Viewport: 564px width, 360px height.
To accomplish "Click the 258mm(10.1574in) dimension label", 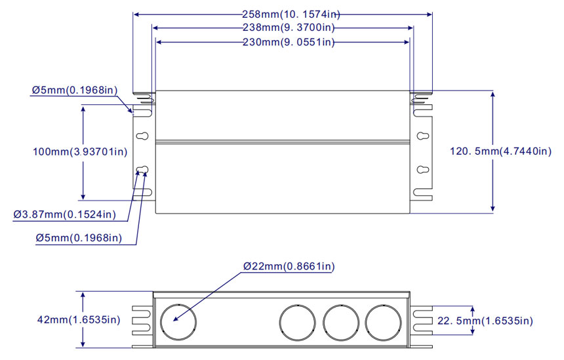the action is [x=291, y=14].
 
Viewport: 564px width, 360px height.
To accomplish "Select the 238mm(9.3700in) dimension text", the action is [x=289, y=28].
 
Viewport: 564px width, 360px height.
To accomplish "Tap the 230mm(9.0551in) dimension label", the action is [x=289, y=43].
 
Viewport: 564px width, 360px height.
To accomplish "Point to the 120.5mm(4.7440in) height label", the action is [x=500, y=151].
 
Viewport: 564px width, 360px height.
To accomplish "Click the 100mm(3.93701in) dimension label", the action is [x=80, y=151].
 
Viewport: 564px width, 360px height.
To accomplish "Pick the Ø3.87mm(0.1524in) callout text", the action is [x=65, y=214].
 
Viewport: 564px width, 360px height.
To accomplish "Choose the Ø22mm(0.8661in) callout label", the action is [x=289, y=266].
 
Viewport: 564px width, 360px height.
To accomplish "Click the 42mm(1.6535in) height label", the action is [x=79, y=320].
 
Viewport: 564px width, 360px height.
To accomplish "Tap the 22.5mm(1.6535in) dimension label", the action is [x=485, y=321].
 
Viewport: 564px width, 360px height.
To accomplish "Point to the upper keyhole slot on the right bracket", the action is [x=423, y=136].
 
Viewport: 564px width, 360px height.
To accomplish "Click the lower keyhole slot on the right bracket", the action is [x=423, y=170].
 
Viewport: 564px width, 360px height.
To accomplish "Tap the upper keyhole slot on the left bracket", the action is [x=142, y=136].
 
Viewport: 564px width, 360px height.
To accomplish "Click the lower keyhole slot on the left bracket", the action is [x=142, y=170].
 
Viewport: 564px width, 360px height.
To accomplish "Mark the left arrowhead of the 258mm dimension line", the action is [x=136, y=14].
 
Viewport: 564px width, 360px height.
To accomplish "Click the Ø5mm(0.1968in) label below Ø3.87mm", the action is [x=79, y=238].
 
